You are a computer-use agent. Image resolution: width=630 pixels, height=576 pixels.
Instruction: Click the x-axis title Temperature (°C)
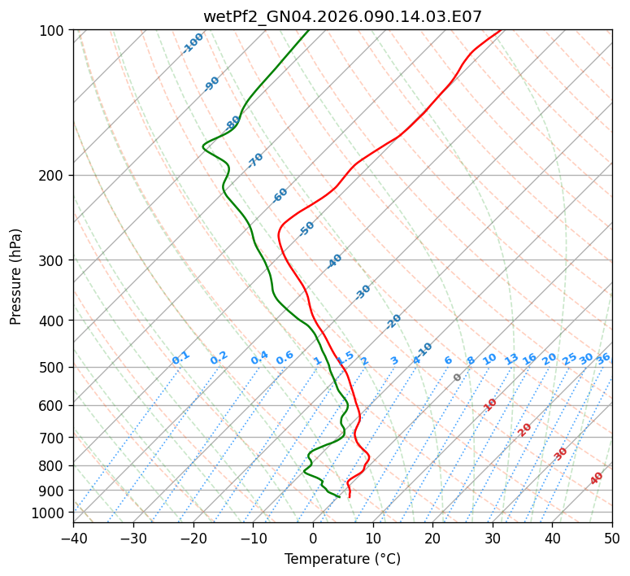[342, 559]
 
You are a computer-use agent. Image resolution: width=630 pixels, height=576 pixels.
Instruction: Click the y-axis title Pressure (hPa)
[16, 277]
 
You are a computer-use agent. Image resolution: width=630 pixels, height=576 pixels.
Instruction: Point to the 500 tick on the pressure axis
[52, 368]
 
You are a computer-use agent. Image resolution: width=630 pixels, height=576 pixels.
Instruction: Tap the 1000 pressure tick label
[49, 513]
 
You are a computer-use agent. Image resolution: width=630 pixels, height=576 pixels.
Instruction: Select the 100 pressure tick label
[52, 31]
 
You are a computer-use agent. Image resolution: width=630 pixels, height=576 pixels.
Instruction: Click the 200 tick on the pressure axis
[52, 176]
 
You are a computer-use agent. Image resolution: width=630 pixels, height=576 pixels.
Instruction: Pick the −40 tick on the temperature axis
[73, 538]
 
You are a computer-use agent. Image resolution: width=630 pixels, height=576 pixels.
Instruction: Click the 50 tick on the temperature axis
[612, 538]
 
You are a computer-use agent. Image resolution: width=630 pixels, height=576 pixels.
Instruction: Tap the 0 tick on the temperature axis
[313, 538]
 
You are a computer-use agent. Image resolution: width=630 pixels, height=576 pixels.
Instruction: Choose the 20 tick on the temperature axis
[432, 538]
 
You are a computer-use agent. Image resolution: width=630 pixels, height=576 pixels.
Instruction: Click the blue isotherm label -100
[193, 43]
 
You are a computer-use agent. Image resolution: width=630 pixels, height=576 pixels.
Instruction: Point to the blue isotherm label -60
[280, 195]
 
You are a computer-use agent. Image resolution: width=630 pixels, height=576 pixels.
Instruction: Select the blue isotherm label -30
[363, 292]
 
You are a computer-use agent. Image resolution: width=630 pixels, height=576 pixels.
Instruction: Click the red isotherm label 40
[597, 478]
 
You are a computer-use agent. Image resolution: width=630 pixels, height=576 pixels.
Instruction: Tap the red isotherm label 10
[490, 404]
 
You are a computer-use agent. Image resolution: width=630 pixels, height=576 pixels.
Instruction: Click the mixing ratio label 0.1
[180, 358]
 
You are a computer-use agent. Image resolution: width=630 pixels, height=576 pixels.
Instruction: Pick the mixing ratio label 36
[603, 358]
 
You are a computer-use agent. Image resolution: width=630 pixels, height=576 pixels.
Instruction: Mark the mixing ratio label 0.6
[285, 358]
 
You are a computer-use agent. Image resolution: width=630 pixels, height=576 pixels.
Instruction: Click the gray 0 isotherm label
[458, 377]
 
